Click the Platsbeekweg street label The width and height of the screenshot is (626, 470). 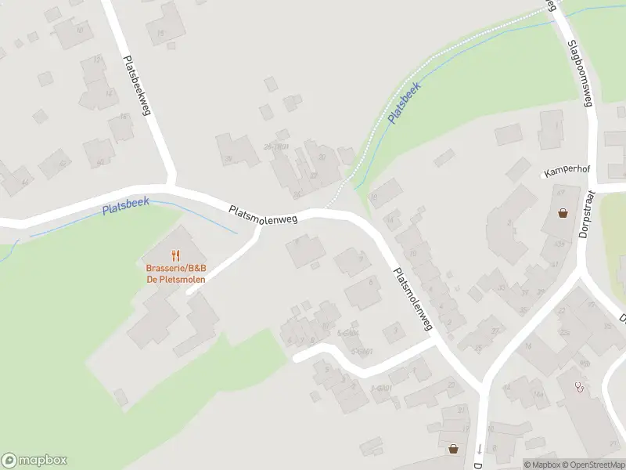pos(135,85)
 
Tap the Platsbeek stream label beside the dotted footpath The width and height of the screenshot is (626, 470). pos(405,102)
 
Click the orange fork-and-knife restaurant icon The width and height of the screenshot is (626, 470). pos(175,255)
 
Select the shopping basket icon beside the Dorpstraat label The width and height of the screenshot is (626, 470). pos(563,212)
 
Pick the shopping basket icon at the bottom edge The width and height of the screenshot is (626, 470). pos(453,449)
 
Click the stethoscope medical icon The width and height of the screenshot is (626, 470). pos(579,386)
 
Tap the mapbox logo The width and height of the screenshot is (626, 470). pos(34,461)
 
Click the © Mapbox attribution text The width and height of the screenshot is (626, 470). pos(541,465)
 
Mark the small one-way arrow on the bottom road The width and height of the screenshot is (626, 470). pos(479,449)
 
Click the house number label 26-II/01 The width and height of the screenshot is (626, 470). pos(276,146)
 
